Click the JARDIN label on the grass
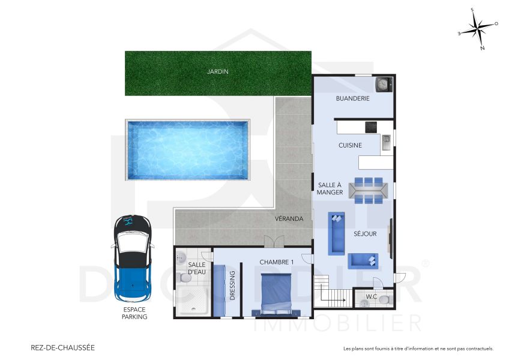click(217, 71)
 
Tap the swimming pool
click(187, 150)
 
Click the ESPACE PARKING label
click(135, 313)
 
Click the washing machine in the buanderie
click(382, 83)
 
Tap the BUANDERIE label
click(352, 98)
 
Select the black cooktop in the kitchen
click(371, 127)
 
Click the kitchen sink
click(386, 142)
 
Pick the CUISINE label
click(349, 145)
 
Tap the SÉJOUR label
click(365, 234)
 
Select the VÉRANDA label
click(289, 219)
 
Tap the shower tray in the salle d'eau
click(193, 300)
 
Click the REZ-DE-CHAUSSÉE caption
click(62, 347)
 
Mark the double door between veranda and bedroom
click(274, 241)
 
